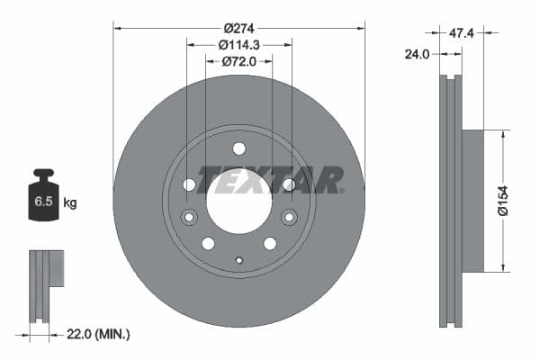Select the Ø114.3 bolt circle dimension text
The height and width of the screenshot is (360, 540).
coord(238,42)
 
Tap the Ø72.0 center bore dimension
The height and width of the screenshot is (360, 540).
coord(238,61)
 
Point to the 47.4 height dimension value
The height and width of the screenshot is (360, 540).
coord(462,33)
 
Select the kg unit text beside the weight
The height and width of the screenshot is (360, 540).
coord(70,203)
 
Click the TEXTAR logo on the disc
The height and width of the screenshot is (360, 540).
coord(270,180)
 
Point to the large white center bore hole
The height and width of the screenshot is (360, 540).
coord(238,202)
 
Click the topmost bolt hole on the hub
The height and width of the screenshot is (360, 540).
coord(238,148)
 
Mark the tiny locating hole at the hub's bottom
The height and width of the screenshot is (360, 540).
coord(238,261)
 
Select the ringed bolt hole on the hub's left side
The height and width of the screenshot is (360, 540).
coord(189,217)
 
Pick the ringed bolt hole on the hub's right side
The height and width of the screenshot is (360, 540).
coord(289,217)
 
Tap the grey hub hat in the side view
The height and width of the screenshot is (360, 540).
coord(473,201)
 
